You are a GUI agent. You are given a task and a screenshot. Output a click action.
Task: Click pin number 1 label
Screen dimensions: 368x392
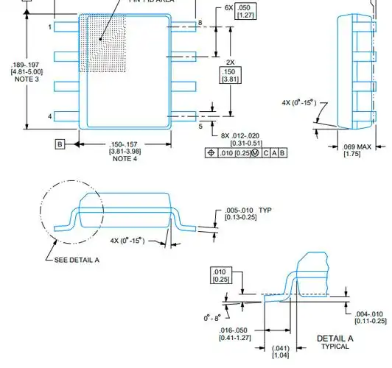click(50, 26)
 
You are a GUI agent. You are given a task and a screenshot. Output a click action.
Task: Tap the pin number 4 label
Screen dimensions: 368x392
click(50, 116)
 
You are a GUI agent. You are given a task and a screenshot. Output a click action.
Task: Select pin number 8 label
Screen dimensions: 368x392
click(200, 24)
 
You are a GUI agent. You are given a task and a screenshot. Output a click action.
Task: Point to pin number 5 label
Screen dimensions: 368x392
click(200, 126)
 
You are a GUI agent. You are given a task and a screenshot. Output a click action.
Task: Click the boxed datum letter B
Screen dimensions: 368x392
click(60, 144)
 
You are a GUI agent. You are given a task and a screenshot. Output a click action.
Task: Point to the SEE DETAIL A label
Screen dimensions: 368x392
click(80, 260)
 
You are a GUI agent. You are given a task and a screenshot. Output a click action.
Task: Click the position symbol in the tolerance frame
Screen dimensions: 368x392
click(211, 152)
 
